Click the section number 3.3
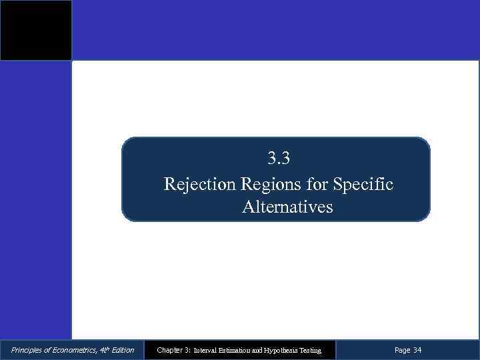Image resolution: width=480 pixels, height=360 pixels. [x=279, y=159]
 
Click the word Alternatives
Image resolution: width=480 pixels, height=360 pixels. [x=287, y=207]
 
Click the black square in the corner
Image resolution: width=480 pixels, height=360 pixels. [x=35, y=31]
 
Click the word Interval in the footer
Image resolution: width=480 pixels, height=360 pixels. [x=205, y=350]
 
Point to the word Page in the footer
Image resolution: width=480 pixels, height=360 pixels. [x=402, y=350]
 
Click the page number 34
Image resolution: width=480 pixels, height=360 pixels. [x=417, y=350]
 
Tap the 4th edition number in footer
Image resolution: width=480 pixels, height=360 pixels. [x=101, y=349]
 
